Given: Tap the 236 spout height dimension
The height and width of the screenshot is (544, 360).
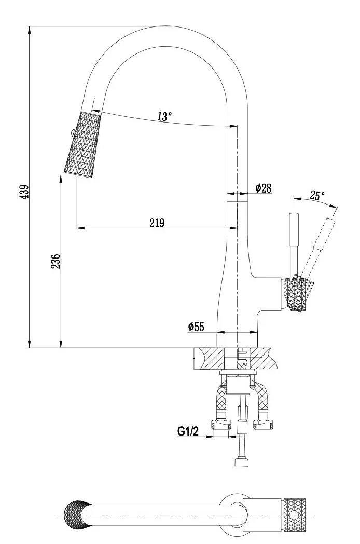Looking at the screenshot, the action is [x=56, y=261].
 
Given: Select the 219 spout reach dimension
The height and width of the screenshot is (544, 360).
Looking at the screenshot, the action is [x=157, y=222].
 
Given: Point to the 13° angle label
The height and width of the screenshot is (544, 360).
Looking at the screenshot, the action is [x=165, y=116].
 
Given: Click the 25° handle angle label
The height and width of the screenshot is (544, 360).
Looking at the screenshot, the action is [x=317, y=195].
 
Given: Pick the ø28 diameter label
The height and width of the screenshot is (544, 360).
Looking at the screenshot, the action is [x=263, y=188].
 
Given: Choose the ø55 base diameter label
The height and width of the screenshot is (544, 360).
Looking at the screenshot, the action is [x=196, y=327].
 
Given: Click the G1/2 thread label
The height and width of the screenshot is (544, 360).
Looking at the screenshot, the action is [x=188, y=431].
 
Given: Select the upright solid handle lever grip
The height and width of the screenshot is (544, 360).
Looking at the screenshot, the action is [x=294, y=229].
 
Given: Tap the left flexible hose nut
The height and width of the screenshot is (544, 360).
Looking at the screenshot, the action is [x=221, y=424].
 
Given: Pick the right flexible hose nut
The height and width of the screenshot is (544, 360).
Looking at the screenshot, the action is [x=263, y=424].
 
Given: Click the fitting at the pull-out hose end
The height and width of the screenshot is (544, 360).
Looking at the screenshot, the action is [x=242, y=462].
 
